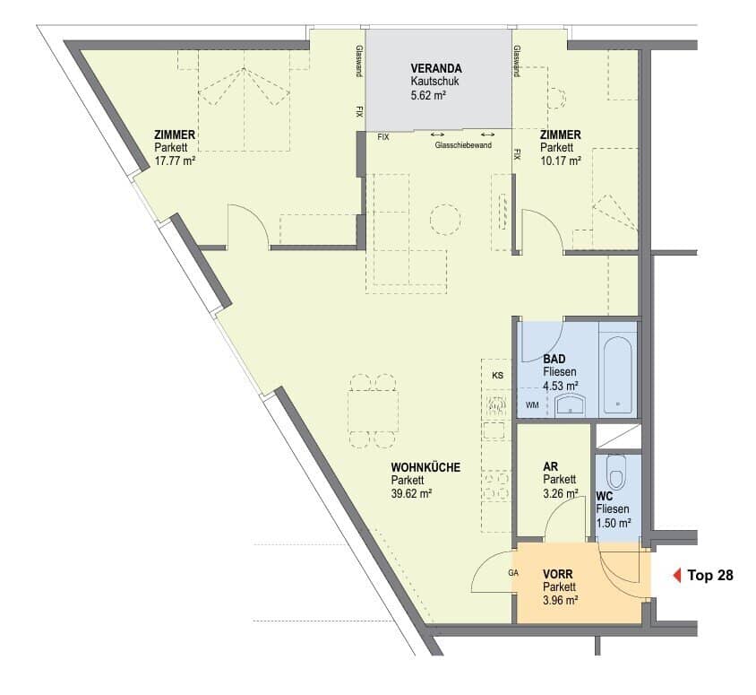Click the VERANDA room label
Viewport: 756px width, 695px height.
(436, 68)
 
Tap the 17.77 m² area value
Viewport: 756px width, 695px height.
(175, 161)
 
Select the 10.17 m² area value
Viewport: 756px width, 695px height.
(560, 161)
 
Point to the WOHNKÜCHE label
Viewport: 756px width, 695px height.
(425, 467)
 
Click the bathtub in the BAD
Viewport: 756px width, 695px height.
(618, 375)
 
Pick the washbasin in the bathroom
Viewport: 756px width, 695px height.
(571, 404)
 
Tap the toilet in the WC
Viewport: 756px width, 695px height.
(616, 472)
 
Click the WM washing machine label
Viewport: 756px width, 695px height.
(532, 405)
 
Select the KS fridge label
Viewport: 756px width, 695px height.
(497, 375)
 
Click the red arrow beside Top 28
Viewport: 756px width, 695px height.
(677, 576)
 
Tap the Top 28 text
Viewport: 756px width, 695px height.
(710, 576)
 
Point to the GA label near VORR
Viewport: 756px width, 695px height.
(513, 573)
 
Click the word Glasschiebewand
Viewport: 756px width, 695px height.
(463, 145)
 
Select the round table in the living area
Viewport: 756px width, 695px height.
(445, 220)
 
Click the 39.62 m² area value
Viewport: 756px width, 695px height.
(411, 493)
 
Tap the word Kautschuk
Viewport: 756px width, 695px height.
(435, 82)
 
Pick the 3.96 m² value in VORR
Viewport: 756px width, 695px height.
(561, 601)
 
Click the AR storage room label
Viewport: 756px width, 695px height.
(551, 466)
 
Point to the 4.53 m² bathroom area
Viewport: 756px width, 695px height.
(561, 386)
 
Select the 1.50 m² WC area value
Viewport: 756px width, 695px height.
(614, 523)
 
